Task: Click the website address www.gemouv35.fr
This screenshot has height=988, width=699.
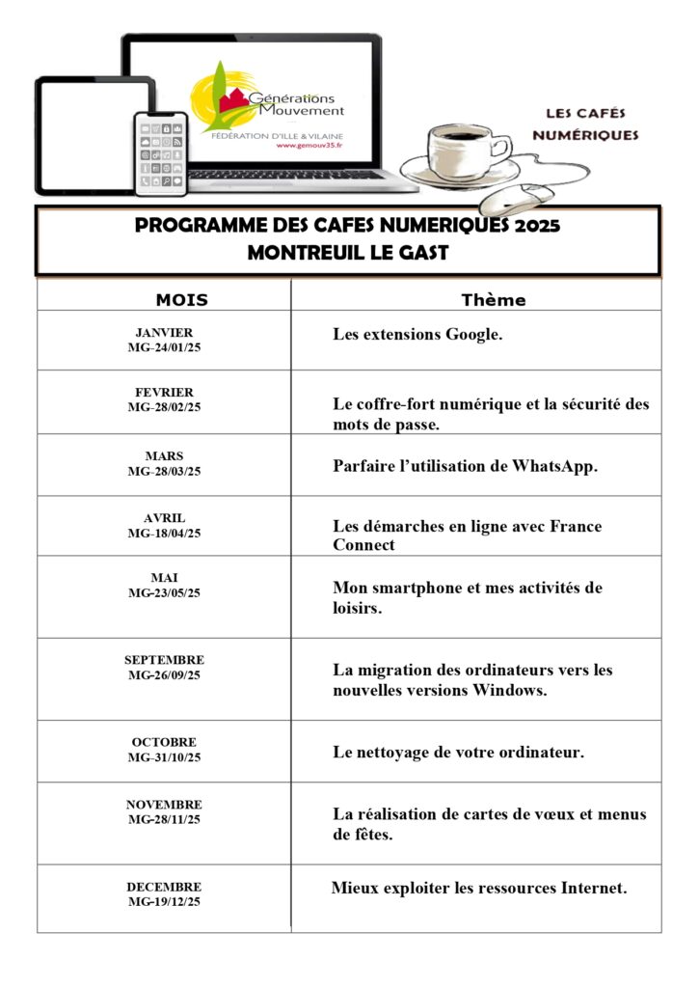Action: coord(309,147)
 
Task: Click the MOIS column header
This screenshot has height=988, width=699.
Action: coord(181,300)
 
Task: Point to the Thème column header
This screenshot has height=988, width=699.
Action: coord(494,300)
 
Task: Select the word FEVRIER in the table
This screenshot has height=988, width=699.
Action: coord(164,393)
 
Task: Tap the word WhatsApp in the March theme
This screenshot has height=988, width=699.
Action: coord(551,466)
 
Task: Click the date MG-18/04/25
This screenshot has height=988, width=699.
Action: coord(164,533)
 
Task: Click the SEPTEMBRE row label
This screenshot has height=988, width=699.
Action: coord(164,660)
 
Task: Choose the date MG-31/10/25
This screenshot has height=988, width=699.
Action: coord(164,757)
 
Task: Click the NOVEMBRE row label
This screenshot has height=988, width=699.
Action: coord(164,805)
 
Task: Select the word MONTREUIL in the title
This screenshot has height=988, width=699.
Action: coord(289,254)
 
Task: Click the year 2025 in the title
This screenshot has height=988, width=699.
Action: coord(537,227)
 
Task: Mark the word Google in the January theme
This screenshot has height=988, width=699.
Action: coord(470,336)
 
